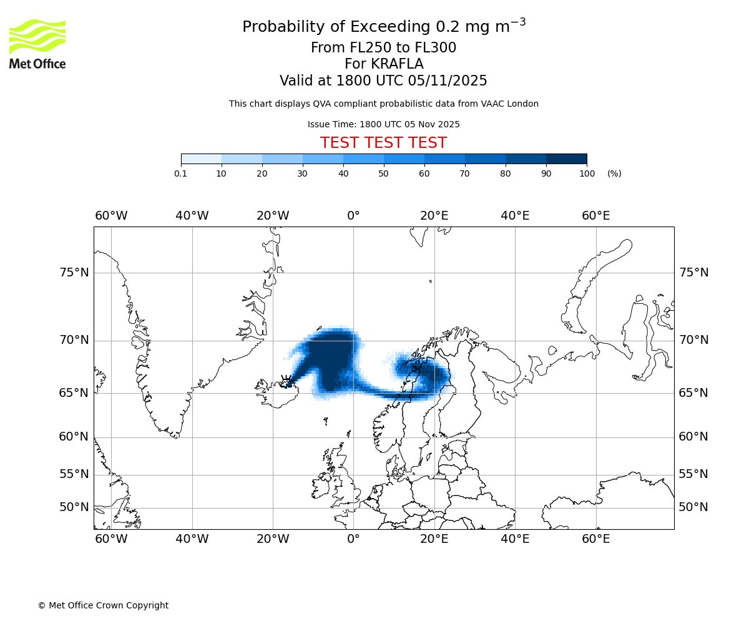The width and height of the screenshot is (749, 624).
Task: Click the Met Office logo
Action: [37, 44]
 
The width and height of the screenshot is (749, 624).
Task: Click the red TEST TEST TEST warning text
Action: [383, 143]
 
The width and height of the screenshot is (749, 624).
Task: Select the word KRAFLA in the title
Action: [397, 64]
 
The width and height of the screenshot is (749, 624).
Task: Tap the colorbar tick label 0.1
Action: [180, 173]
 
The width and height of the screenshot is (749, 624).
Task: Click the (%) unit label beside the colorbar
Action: [614, 173]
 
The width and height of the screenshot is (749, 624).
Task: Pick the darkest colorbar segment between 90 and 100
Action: [566, 158]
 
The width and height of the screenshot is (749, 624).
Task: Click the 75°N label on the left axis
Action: [74, 273]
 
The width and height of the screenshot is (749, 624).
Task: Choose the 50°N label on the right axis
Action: [693, 507]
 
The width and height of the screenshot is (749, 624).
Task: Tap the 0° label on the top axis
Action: [353, 216]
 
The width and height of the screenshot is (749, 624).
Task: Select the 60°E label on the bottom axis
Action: [595, 539]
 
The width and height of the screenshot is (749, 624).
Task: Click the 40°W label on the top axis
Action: [192, 216]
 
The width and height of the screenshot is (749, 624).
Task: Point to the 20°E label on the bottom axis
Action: [434, 539]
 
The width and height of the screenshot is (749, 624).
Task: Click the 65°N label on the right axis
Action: [693, 393]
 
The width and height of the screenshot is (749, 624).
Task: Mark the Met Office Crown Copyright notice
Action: [103, 605]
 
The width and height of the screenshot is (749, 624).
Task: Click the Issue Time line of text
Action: [383, 124]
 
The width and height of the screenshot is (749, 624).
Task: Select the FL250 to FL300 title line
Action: [383, 48]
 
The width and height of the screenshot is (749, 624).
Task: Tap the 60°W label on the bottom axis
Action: [111, 539]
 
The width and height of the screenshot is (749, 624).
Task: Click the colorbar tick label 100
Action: [587, 173]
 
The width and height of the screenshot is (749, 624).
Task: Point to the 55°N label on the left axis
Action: [74, 474]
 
